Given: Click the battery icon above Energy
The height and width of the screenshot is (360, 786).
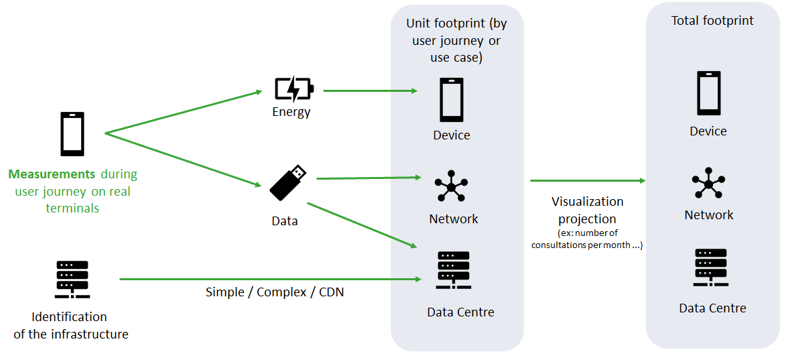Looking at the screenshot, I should click(293, 89).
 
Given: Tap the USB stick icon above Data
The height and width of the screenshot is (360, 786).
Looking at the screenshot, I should click(288, 182).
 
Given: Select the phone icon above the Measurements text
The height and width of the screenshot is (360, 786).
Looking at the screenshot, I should click(72, 133).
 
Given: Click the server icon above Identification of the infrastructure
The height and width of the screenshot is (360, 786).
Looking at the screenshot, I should click(72, 279).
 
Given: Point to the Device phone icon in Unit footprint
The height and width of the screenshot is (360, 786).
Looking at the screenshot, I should click(451, 100).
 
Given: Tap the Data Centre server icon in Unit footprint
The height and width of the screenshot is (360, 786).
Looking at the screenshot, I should click(453, 270).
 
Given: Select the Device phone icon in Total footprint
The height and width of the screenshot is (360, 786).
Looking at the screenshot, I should click(708, 93).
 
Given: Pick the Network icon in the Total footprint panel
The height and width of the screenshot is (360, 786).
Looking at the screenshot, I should click(708, 182).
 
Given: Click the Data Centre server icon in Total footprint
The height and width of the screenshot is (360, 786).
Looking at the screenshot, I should click(711, 267).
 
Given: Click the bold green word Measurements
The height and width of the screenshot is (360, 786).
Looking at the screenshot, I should click(52, 174).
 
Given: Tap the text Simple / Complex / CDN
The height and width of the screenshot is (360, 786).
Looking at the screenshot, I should click(275, 292).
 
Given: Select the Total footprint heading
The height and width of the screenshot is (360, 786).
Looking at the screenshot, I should click(712, 21).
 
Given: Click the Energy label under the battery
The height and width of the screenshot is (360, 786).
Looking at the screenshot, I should click(291, 112).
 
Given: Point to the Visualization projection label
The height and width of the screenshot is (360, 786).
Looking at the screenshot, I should click(587, 210).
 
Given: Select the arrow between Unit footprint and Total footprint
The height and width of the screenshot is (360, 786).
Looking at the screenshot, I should click(587, 180).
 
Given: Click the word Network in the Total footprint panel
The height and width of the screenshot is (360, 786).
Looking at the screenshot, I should click(709, 215).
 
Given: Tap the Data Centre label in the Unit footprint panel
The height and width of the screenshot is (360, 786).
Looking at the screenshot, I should click(460, 312).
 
